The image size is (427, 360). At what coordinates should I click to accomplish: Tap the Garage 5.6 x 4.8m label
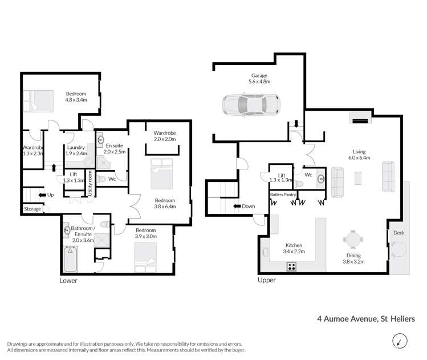[x=259, y=79]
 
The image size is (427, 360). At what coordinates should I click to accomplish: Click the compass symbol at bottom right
[x=400, y=341]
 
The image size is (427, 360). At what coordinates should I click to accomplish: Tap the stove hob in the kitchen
[x=291, y=266]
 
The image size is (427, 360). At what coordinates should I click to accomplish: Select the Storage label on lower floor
[x=32, y=209]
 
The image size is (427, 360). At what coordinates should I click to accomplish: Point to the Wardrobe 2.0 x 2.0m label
[x=165, y=135]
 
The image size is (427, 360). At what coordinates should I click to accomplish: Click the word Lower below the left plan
[x=68, y=281]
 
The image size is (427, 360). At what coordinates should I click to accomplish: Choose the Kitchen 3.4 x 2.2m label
[x=296, y=248]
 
